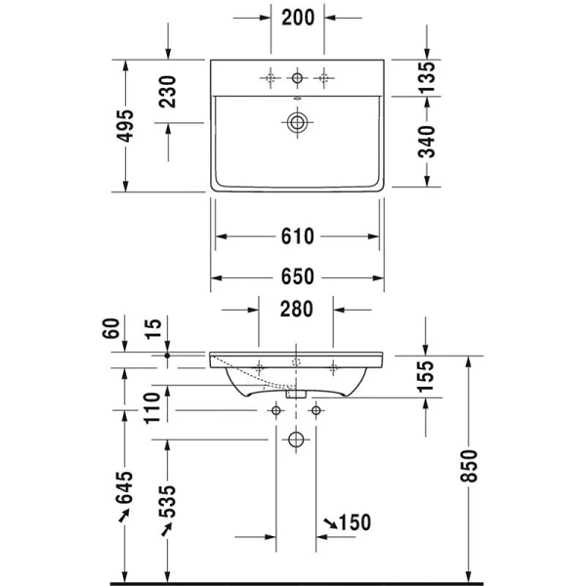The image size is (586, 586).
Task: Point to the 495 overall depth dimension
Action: [123, 125]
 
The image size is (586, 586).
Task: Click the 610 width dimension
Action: [297, 236]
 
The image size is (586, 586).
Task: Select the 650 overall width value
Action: [297, 277]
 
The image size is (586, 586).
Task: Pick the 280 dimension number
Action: [296, 310]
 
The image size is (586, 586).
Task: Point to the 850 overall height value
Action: [470, 469]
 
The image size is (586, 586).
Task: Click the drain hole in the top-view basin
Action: [296, 123]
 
